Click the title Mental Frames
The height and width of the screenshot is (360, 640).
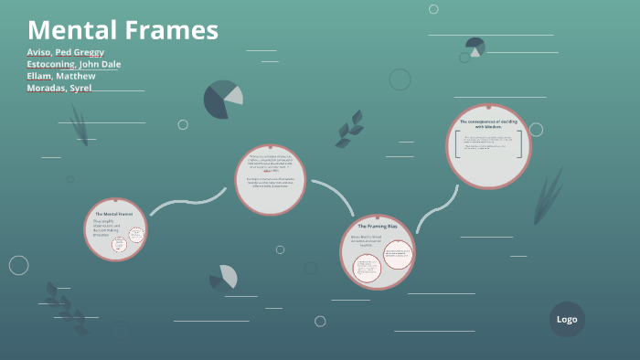123,30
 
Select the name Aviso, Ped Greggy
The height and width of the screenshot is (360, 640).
65,52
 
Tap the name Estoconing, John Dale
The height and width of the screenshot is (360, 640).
73,64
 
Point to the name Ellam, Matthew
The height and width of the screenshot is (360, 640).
61,76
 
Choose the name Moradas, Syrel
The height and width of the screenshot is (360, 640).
59,88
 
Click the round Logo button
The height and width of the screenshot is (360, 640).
567,319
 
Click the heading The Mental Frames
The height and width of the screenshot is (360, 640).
113,214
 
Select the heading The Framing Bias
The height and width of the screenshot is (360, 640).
377,226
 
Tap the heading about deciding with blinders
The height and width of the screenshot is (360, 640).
488,123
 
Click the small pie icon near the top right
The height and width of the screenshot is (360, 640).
475,47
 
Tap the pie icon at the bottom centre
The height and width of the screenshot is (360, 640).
224,277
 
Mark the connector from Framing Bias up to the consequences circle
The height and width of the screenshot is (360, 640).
436,208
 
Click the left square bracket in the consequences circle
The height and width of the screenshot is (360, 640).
455,143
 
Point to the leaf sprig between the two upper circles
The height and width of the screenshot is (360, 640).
348,129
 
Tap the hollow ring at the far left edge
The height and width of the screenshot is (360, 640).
18,265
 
